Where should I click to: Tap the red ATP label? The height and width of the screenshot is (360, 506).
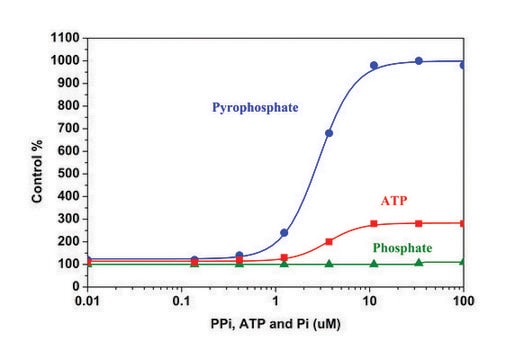(x=392, y=201)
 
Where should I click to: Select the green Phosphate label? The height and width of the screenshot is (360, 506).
(x=403, y=248)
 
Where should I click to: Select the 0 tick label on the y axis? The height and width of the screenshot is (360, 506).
(x=77, y=287)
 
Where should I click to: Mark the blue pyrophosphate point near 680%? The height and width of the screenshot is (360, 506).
(x=329, y=133)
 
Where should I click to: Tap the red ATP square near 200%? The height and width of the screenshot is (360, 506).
(x=329, y=241)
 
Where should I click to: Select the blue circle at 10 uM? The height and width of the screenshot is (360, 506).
(x=374, y=66)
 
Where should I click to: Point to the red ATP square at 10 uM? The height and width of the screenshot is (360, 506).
(x=374, y=224)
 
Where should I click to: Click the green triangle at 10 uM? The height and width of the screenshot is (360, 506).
(x=374, y=263)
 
